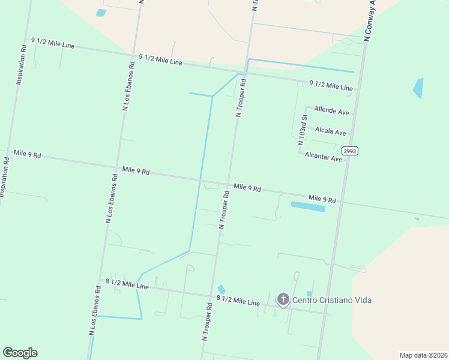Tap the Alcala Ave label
pyautogui.click(x=330, y=132)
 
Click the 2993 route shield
pyautogui.click(x=351, y=151)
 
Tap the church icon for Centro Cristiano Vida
pyautogui.click(x=283, y=299)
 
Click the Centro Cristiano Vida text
pyautogui.click(x=332, y=299)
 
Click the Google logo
pyautogui.click(x=20, y=353)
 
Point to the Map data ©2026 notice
pyautogui.click(x=423, y=355)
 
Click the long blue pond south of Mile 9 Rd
pyautogui.click(x=308, y=206)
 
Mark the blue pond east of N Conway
pyautogui.click(x=418, y=88)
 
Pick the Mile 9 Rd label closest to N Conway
pyautogui.click(x=322, y=199)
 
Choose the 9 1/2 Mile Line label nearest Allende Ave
pyautogui.click(x=331, y=87)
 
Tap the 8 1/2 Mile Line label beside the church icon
pyautogui.click(x=238, y=300)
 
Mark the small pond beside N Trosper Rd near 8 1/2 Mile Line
pyautogui.click(x=221, y=290)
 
